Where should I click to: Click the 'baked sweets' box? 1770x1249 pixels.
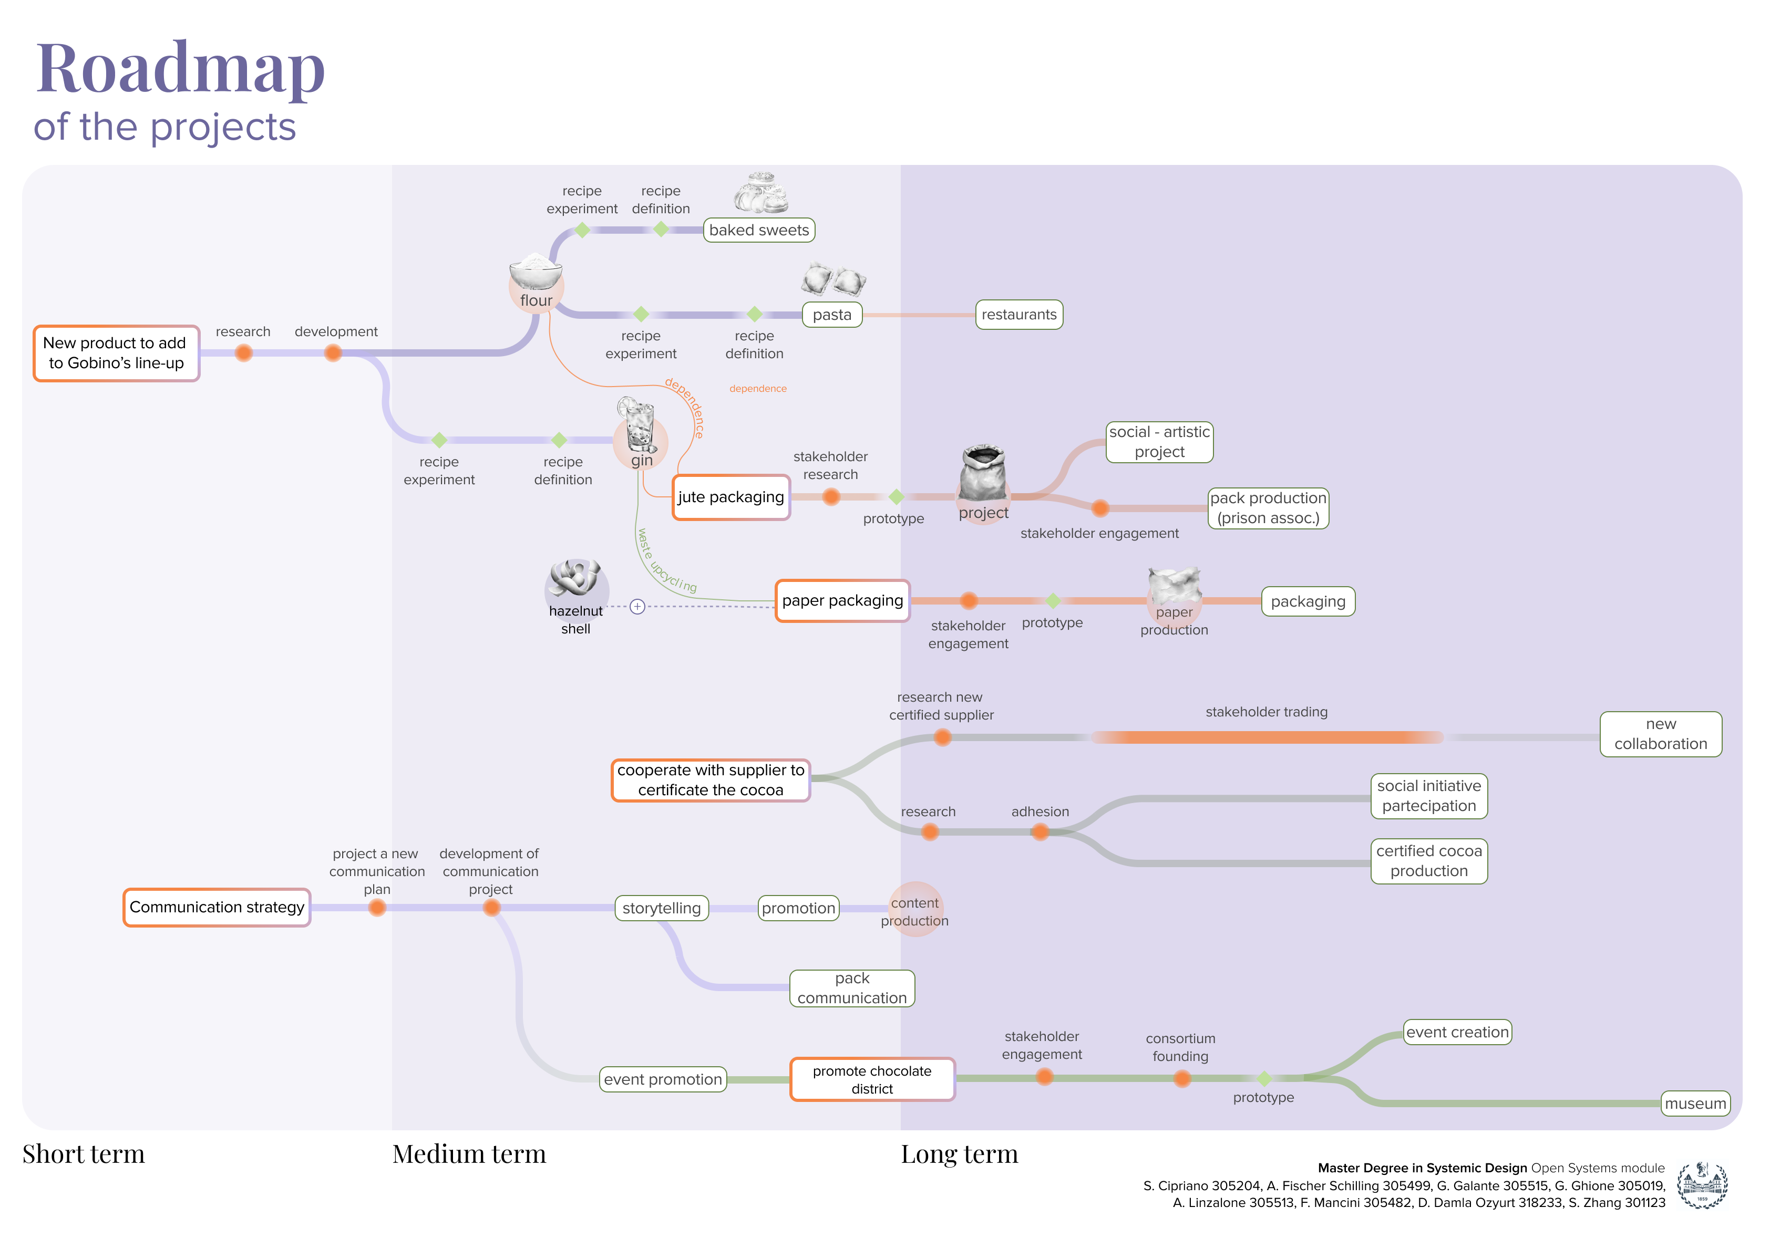click(758, 230)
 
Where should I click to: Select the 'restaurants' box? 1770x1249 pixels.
click(1018, 315)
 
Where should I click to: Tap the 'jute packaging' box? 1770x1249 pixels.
click(731, 497)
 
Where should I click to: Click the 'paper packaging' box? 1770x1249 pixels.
click(842, 600)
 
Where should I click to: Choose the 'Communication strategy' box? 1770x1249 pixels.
click(217, 907)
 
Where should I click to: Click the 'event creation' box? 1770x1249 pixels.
click(1457, 1032)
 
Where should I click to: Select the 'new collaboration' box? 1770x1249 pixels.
click(1661, 734)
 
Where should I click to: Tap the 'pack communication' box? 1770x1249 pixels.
click(852, 988)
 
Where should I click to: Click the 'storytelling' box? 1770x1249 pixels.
click(662, 908)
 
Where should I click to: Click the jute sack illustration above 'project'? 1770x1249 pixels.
click(983, 472)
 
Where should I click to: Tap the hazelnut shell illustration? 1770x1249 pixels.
click(574, 578)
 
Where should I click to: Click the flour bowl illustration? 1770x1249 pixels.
click(536, 273)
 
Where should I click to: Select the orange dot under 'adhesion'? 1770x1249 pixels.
click(1040, 832)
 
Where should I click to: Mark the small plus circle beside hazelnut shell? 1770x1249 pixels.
click(637, 607)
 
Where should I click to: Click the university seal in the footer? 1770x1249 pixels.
click(1703, 1185)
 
